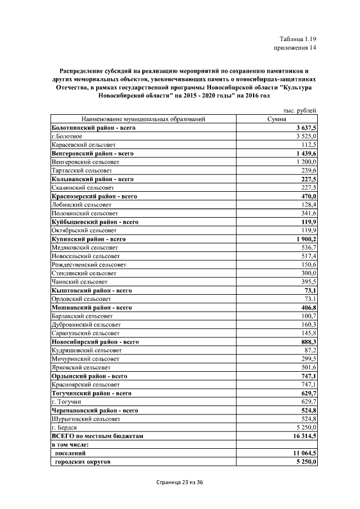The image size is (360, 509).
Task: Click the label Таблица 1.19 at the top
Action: point(299,39)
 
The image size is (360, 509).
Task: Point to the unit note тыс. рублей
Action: point(299,111)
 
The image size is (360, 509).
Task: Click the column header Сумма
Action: point(277,119)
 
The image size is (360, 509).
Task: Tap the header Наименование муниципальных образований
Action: point(143,119)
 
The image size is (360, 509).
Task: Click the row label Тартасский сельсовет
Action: point(82,170)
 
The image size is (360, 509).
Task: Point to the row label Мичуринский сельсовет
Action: point(85,358)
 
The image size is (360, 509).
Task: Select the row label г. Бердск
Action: point(64,427)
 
